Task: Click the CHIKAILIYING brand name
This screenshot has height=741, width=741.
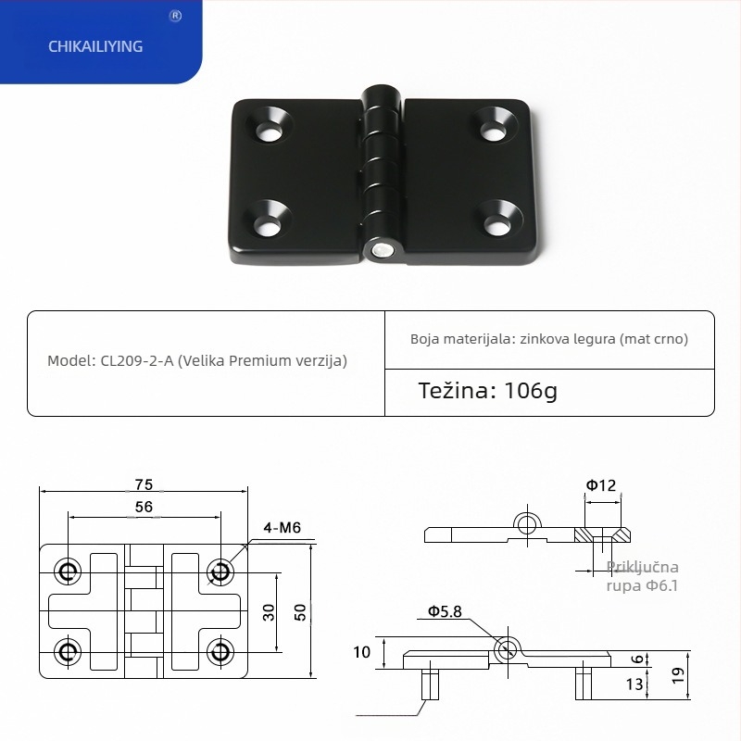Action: tap(95, 45)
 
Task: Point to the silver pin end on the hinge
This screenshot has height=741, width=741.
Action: tap(380, 250)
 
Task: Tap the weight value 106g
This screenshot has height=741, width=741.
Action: tap(532, 391)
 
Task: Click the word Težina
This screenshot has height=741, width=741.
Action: tap(458, 391)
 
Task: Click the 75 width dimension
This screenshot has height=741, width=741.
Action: tap(143, 484)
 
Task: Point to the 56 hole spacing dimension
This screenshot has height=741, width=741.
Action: tap(144, 507)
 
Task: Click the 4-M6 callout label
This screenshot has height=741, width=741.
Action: tap(283, 528)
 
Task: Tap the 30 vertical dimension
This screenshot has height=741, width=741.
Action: tap(269, 612)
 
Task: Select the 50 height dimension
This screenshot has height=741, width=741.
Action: tap(299, 612)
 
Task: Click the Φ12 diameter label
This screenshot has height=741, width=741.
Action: tap(600, 484)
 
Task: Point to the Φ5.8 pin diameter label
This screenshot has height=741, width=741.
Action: tap(445, 611)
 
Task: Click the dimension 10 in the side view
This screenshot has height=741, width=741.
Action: tap(362, 652)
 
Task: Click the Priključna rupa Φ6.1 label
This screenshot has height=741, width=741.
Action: tap(643, 575)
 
